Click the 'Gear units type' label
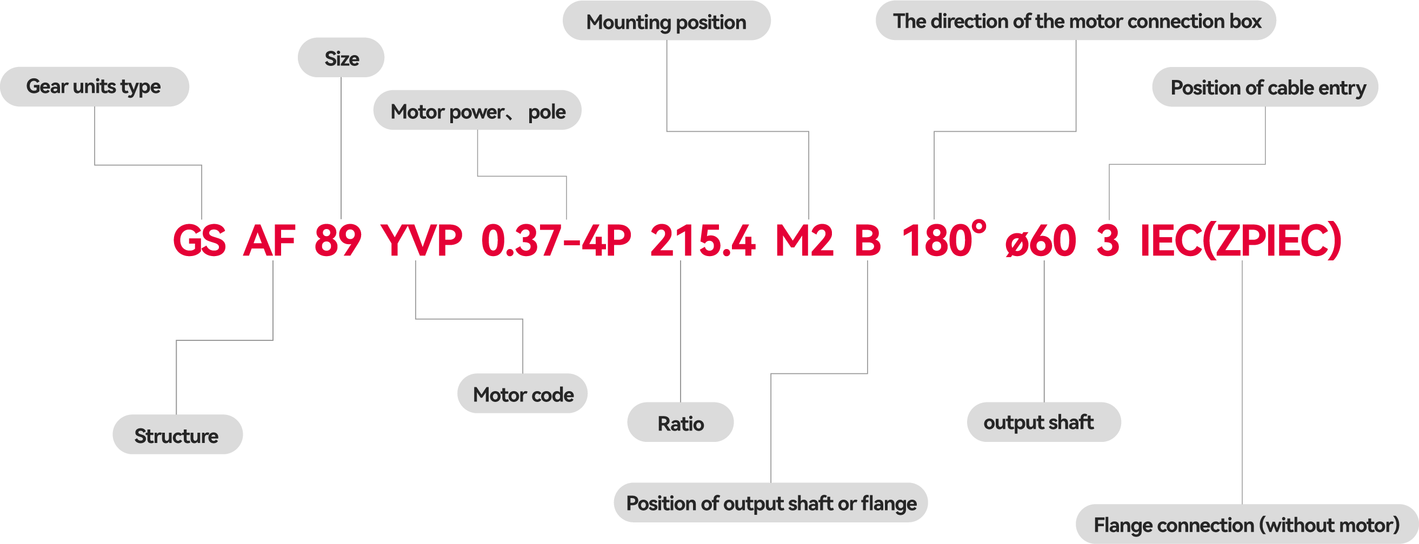tap(94, 86)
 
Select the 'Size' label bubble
tap(341, 58)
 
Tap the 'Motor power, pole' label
tap(477, 111)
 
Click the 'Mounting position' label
tap(666, 22)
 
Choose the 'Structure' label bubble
tap(177, 435)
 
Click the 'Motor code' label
tap(523, 394)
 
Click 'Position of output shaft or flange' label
tap(771, 503)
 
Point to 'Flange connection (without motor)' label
tap(1246, 524)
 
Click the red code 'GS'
tap(199, 241)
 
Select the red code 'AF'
tap(270, 241)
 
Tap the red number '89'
tap(338, 241)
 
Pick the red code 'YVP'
tap(422, 241)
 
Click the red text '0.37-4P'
tap(556, 241)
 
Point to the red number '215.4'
tap(702, 241)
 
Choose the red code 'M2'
tap(804, 241)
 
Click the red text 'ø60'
tap(1041, 241)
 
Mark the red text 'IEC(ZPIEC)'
tap(1241, 241)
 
